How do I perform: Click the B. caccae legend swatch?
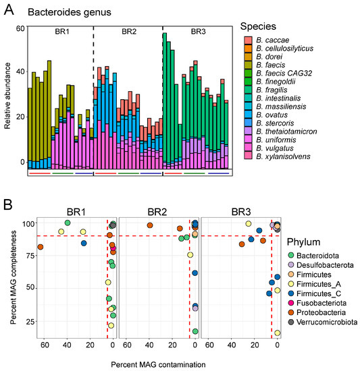pyautogui.click(x=247, y=41)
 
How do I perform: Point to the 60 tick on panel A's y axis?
pyautogui.click(x=20, y=28)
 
